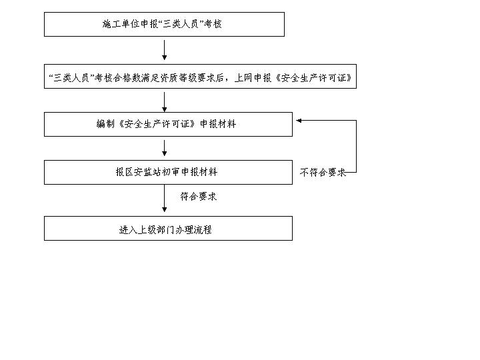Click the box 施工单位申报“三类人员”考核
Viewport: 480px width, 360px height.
point(164,25)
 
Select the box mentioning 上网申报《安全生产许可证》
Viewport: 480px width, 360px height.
point(200,77)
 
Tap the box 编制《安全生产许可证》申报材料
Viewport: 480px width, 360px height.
point(168,124)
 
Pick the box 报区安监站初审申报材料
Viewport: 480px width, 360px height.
point(168,173)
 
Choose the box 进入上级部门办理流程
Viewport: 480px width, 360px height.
point(168,229)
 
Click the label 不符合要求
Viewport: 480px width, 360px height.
point(323,173)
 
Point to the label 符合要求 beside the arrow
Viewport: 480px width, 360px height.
point(199,196)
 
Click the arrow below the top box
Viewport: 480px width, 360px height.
point(165,50)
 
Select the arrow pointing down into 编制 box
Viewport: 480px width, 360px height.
point(165,102)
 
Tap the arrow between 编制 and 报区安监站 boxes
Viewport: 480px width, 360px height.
point(165,148)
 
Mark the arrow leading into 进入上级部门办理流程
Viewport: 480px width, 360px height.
point(165,199)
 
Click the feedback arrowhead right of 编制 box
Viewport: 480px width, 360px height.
point(299,121)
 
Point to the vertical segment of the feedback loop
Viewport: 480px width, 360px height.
point(356,146)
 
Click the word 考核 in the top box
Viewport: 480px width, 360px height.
point(213,24)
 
